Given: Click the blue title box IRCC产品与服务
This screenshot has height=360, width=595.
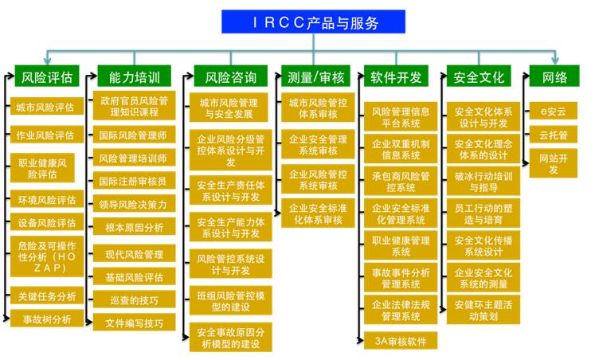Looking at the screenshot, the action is [x=314, y=22].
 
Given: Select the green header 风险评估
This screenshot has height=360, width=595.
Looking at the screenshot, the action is [x=47, y=76].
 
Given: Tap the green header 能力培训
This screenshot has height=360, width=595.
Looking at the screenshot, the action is [x=135, y=76].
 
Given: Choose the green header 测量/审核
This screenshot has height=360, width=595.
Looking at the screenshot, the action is [x=315, y=76].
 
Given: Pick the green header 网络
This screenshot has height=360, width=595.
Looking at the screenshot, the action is [x=554, y=76].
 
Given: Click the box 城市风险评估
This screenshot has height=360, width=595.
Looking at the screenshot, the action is [x=47, y=106].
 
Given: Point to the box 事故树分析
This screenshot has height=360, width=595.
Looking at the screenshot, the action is [x=47, y=318].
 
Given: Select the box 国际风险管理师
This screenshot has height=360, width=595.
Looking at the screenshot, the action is [x=135, y=135].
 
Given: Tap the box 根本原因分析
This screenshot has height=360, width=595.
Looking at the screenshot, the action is [x=135, y=226].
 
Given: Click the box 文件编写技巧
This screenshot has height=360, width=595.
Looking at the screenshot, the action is [x=135, y=322].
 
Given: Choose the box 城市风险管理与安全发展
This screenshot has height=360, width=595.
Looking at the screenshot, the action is [x=229, y=108].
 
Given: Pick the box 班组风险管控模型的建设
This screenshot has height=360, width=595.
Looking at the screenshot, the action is [x=231, y=300].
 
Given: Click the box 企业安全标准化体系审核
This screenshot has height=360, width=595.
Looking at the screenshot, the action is [x=318, y=213].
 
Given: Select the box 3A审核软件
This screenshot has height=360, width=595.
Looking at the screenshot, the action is [x=401, y=340].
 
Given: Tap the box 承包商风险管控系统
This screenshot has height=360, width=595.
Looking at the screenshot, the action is [x=401, y=181].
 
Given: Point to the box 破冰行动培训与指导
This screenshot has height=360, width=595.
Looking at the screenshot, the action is [x=483, y=181].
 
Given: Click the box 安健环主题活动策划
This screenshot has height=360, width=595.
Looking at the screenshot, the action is [x=483, y=310].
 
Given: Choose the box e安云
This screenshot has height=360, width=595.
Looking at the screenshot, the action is [x=554, y=111].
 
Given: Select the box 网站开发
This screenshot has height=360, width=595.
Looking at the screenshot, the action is [x=554, y=163].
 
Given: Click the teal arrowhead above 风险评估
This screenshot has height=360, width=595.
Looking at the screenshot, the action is [x=48, y=61].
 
